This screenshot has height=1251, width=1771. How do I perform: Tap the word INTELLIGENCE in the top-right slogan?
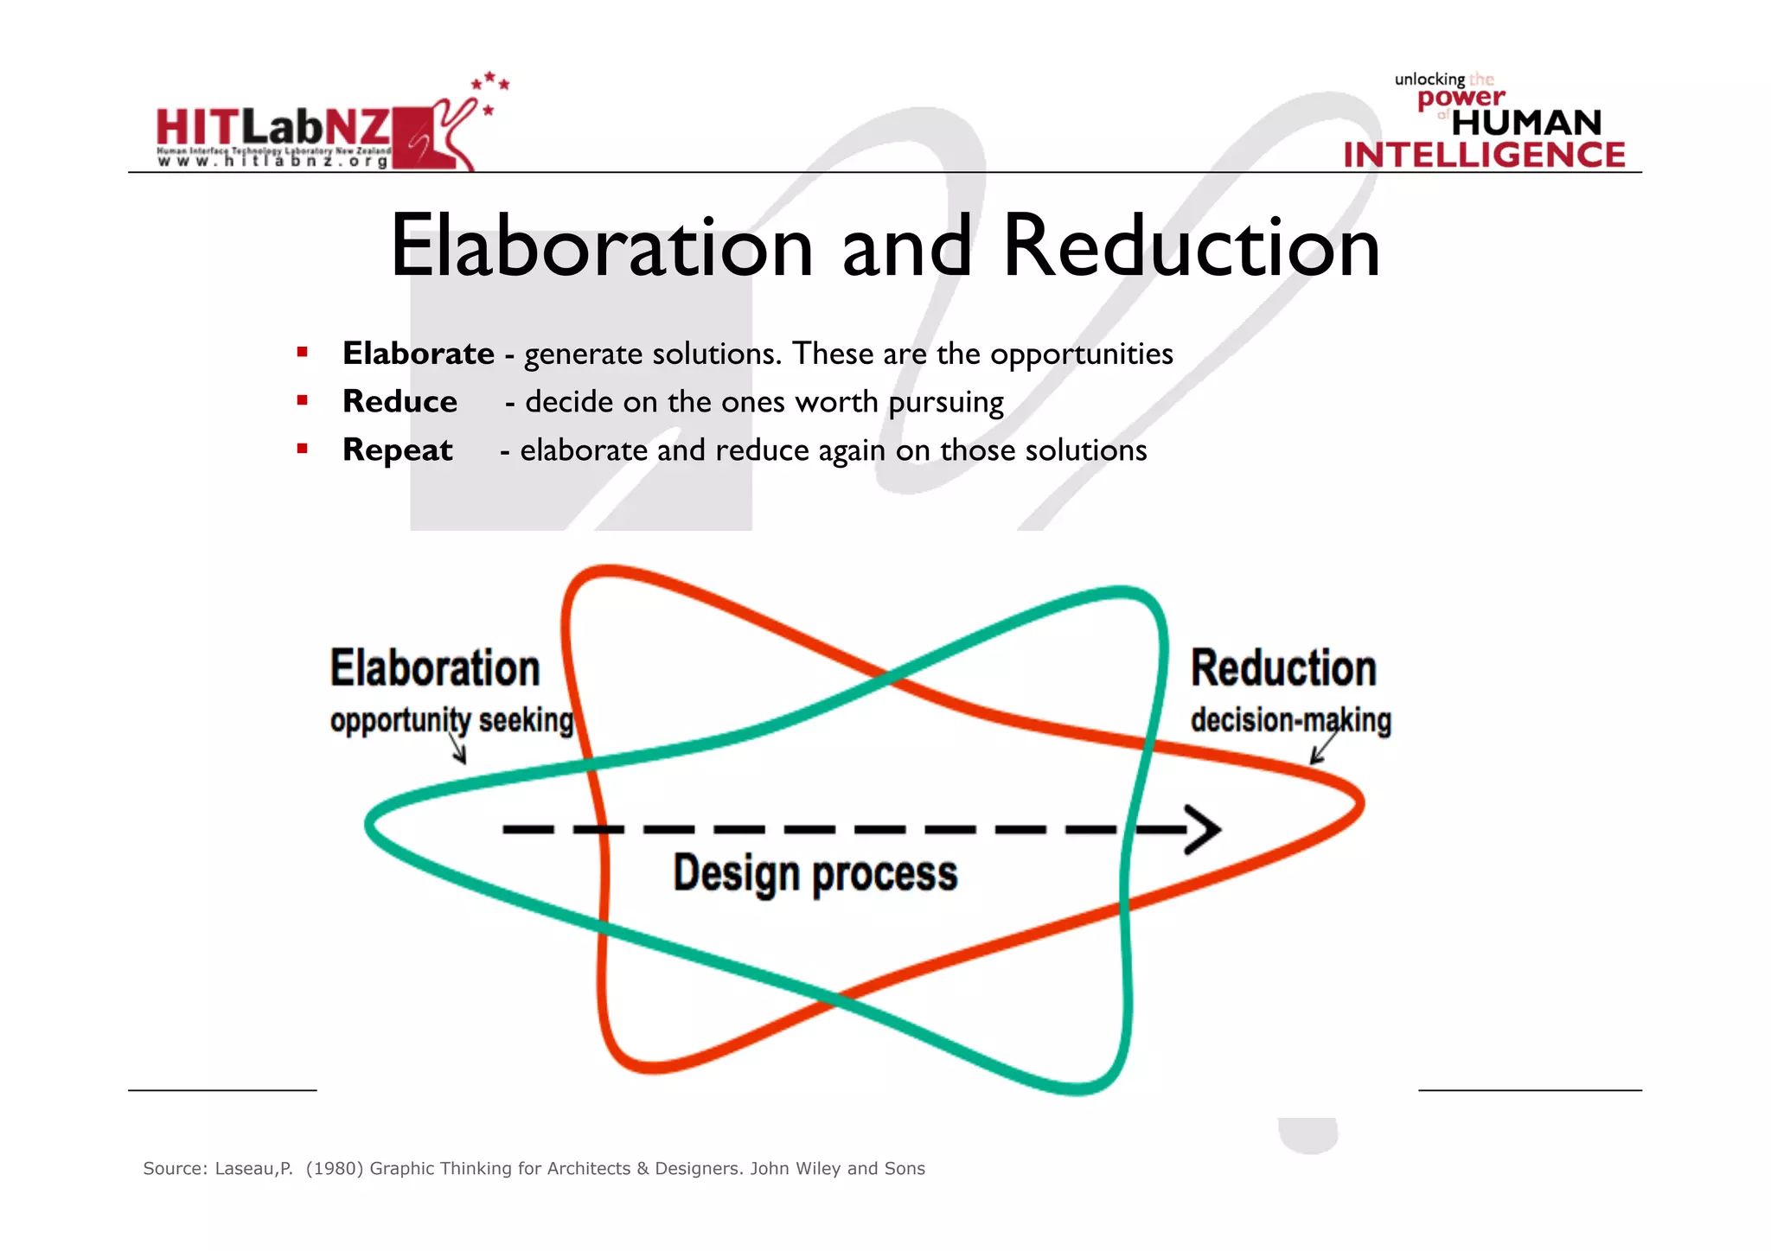click(1484, 155)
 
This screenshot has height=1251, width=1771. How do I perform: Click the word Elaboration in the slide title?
click(602, 247)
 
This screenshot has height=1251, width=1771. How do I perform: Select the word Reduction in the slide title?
click(1191, 247)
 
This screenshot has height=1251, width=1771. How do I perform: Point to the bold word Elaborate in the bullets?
click(419, 354)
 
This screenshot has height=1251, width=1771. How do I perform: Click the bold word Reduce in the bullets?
click(400, 402)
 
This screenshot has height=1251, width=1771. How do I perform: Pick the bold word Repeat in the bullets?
click(397, 450)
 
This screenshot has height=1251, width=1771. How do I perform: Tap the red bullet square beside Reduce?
click(302, 400)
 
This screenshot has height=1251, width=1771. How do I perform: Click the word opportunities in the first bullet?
click(1081, 354)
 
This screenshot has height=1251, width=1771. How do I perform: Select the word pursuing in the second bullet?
click(946, 403)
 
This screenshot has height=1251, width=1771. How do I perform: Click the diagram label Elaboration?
click(435, 668)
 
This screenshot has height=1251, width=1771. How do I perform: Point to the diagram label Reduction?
click(1283, 668)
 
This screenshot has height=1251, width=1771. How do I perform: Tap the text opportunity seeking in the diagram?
click(451, 720)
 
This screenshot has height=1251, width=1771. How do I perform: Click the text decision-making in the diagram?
click(1290, 720)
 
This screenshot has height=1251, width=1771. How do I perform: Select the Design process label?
click(815, 873)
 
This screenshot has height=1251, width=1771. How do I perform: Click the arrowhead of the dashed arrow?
click(1204, 829)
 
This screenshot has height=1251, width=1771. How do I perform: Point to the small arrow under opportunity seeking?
click(459, 749)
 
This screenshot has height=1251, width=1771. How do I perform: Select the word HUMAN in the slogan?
click(1526, 123)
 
